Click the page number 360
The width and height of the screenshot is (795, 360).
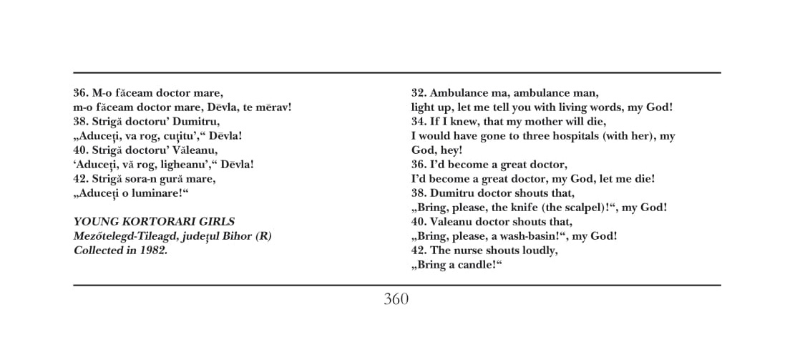[396, 299]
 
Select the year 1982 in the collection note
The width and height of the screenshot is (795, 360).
[153, 250]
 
